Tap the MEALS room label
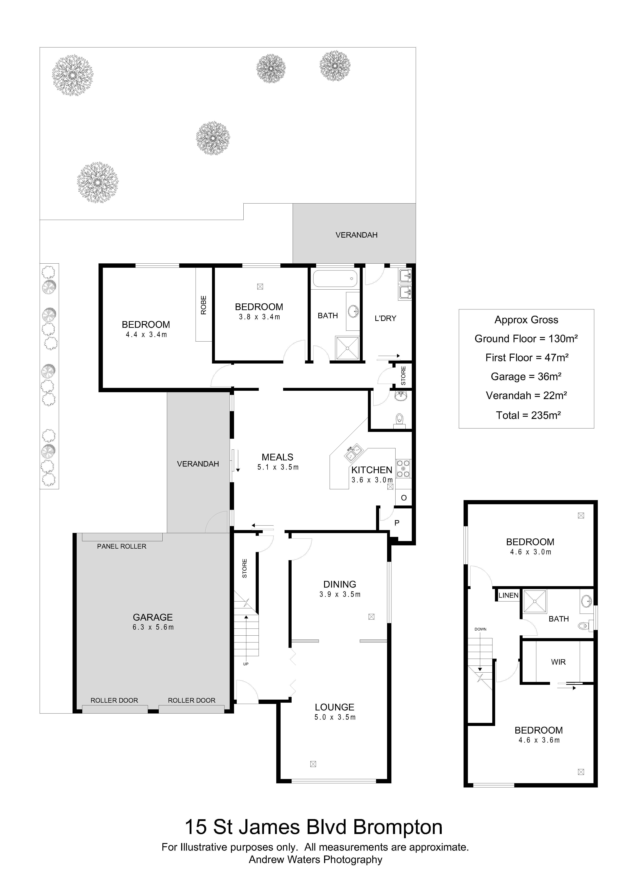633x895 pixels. point(278,457)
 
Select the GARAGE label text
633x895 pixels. point(153,618)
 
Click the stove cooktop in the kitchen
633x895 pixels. point(403,469)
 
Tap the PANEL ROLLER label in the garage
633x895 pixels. point(122,546)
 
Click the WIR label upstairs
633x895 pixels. point(558,662)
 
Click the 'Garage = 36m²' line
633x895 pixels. point(526,377)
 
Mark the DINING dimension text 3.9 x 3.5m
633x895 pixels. point(340,594)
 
